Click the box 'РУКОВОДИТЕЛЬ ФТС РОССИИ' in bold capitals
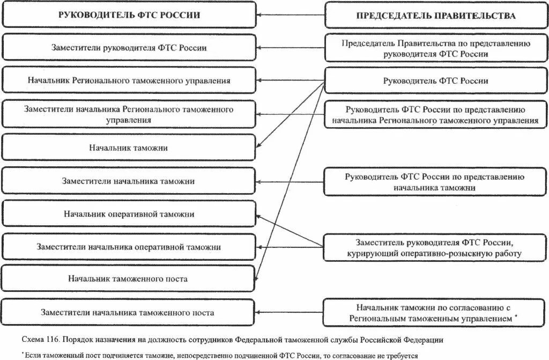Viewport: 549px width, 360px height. coord(129,15)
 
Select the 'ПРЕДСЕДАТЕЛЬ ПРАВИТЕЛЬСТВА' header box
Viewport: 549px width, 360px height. coord(435,16)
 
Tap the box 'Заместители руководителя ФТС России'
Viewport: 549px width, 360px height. coord(129,48)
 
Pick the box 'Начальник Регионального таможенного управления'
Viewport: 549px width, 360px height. coord(129,80)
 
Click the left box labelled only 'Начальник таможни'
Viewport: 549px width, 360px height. coord(129,147)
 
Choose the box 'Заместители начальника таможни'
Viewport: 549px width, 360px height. coord(129,181)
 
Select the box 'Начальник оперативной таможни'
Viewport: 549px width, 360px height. coord(129,214)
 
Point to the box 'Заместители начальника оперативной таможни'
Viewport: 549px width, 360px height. coord(129,247)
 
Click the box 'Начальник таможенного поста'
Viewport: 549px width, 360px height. coord(129,279)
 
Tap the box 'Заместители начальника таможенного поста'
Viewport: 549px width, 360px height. coord(129,312)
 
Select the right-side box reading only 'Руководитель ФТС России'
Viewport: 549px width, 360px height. coord(435,81)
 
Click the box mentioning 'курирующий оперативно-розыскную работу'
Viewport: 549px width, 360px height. coord(435,247)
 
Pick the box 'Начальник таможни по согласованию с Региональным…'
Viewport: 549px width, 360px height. coord(435,313)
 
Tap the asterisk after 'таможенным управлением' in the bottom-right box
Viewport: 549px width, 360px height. coord(516,317)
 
